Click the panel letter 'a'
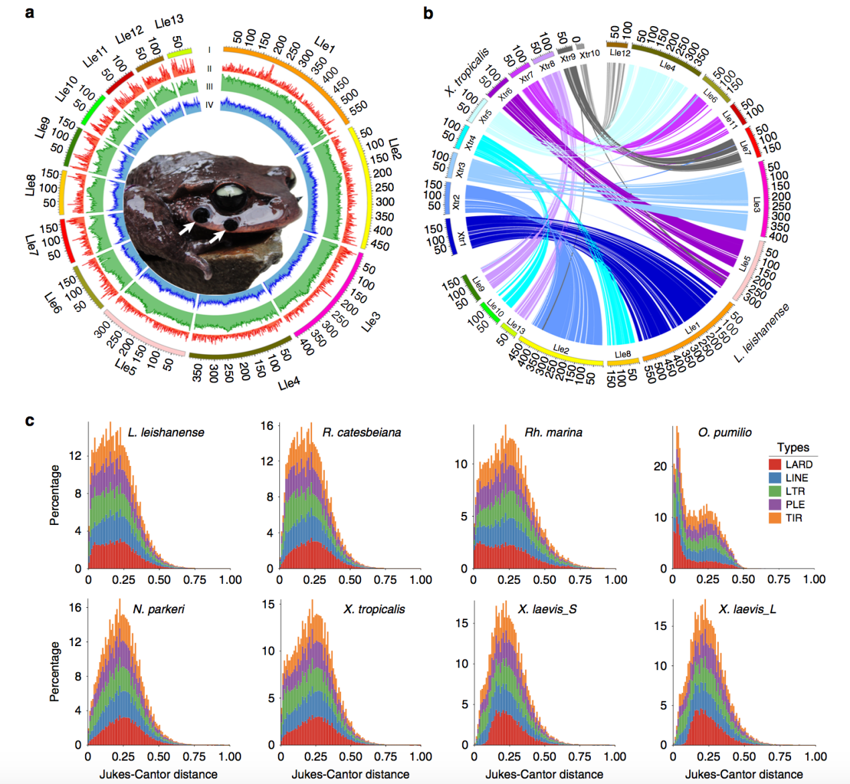tap(29, 11)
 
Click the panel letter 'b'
tap(429, 13)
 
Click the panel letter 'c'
tap(29, 420)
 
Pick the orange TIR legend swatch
tap(775, 518)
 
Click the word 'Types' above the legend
tap(793, 447)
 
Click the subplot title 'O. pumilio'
tap(725, 433)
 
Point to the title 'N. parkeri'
tap(159, 609)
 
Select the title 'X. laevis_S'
tap(547, 609)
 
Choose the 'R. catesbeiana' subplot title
tap(362, 433)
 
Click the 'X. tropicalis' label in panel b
tap(467, 71)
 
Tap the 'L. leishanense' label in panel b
tap(762, 333)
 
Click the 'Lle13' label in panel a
tap(169, 22)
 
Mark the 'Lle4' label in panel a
tap(289, 383)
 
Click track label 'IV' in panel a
tap(210, 105)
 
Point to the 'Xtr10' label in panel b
tap(589, 54)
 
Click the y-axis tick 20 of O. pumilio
tap(660, 466)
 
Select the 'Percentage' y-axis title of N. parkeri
tap(55, 672)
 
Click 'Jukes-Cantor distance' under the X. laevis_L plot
tap(743, 774)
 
